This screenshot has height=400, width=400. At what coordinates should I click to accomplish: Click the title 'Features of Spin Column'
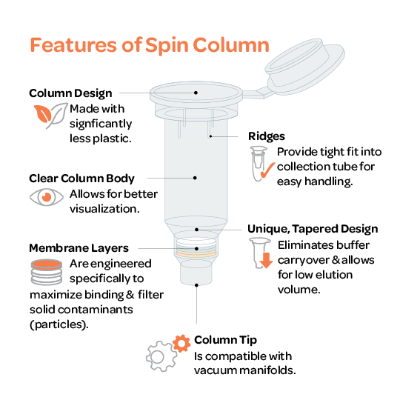click(x=150, y=45)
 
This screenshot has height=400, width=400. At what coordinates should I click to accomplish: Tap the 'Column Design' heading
click(x=70, y=93)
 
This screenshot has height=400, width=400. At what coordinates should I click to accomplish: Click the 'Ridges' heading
click(x=267, y=136)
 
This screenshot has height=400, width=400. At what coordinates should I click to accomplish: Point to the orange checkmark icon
click(x=267, y=170)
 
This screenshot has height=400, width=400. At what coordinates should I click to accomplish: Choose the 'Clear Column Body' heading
click(x=81, y=179)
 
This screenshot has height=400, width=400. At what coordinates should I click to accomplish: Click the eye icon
click(x=47, y=197)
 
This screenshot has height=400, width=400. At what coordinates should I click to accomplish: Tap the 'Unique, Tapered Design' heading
click(x=313, y=229)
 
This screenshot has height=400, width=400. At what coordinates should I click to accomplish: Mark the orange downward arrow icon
click(x=267, y=261)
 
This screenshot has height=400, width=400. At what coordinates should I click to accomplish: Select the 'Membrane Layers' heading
click(x=79, y=248)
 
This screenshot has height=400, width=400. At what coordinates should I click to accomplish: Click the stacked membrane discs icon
click(x=47, y=272)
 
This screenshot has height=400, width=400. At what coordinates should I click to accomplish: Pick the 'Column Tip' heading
click(x=225, y=340)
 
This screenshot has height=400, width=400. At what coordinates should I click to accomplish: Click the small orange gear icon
click(x=181, y=344)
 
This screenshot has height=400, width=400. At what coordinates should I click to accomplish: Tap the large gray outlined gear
click(x=161, y=356)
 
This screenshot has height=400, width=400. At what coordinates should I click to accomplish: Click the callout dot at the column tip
click(x=196, y=285)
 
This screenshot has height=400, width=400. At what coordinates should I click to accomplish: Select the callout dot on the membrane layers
click(x=196, y=249)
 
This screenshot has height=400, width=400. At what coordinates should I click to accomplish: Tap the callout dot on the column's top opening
click(x=196, y=93)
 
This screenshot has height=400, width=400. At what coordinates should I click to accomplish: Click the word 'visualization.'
click(x=104, y=209)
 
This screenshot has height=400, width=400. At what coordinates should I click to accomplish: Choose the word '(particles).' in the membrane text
click(x=59, y=325)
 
